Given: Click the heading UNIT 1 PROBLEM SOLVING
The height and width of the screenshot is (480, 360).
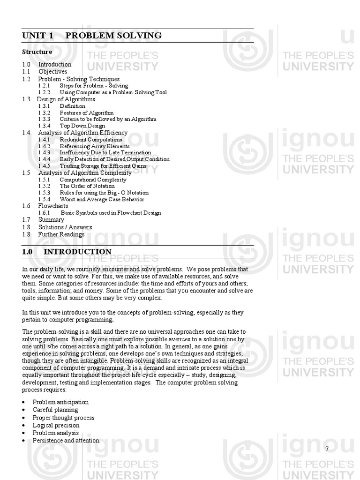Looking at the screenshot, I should tap(92, 36).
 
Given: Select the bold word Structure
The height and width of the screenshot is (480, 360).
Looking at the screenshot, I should tap(37, 52).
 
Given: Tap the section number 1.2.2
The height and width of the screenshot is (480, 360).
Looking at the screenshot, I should tap(44, 92).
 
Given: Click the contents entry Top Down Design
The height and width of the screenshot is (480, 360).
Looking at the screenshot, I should tap(82, 126).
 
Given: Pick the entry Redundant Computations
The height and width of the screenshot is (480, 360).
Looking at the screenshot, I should tap(90, 140).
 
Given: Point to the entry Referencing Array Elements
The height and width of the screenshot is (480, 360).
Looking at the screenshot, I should tap(95, 146).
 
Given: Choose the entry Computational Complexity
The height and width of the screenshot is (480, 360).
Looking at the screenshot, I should tap(93, 180).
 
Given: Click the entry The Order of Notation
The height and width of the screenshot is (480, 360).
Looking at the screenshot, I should tap(87, 186).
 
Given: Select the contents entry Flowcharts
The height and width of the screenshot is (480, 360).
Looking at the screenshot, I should tap(53, 206).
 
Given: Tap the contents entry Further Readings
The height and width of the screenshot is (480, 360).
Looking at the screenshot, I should tap(61, 234).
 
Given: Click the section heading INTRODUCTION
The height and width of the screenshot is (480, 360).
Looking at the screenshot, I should tap(77, 252).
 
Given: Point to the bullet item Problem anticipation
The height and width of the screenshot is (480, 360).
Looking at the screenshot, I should tap(60, 402).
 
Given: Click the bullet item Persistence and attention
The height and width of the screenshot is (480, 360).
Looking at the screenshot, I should tap(66, 441).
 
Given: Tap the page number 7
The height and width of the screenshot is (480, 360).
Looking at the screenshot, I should tap(327, 449).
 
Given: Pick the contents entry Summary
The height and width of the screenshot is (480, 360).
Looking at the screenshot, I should tap(51, 219).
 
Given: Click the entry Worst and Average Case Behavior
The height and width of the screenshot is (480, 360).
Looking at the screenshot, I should tap(102, 199).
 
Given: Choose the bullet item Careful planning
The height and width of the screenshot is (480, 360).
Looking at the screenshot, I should tap(55, 410).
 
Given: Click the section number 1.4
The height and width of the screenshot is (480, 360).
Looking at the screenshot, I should tap(26, 133).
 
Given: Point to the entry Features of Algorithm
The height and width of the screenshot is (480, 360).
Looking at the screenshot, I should tap(86, 112).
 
